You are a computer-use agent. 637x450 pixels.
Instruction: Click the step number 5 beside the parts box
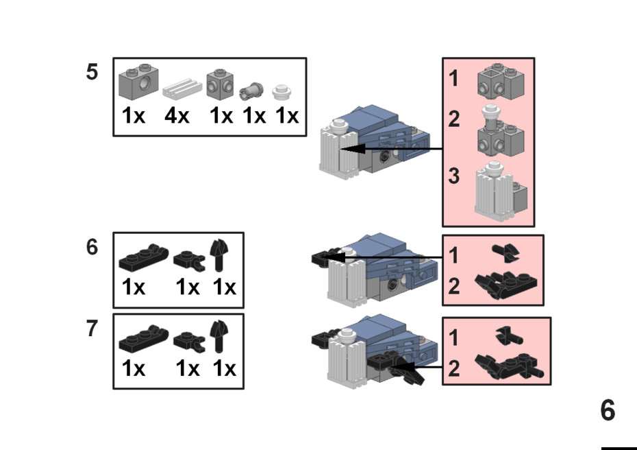point(92,71)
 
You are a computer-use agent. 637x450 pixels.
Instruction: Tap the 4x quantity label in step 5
point(177,115)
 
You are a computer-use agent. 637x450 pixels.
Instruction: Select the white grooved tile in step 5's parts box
point(182,88)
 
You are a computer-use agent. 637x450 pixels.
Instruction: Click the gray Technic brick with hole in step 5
point(138,82)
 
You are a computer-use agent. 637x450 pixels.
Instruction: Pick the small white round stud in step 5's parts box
point(282,93)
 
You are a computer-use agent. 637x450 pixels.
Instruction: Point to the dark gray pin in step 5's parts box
point(251,91)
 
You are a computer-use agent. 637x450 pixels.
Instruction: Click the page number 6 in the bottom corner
point(608,410)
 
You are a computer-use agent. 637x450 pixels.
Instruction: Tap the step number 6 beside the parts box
point(92,247)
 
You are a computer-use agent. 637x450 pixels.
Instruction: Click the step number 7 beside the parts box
point(92,329)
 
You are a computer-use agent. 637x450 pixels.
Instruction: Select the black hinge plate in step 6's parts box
point(143,257)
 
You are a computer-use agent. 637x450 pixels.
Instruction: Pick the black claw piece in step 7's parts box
point(219,336)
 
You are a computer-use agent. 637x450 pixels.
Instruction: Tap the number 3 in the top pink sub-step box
point(454,176)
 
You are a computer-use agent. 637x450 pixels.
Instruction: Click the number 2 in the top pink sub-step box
point(454,119)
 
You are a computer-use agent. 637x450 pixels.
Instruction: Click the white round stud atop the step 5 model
point(339,125)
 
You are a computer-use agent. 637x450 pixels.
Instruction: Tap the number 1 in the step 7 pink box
point(454,337)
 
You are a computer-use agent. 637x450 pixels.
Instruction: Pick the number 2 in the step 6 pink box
point(454,286)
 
